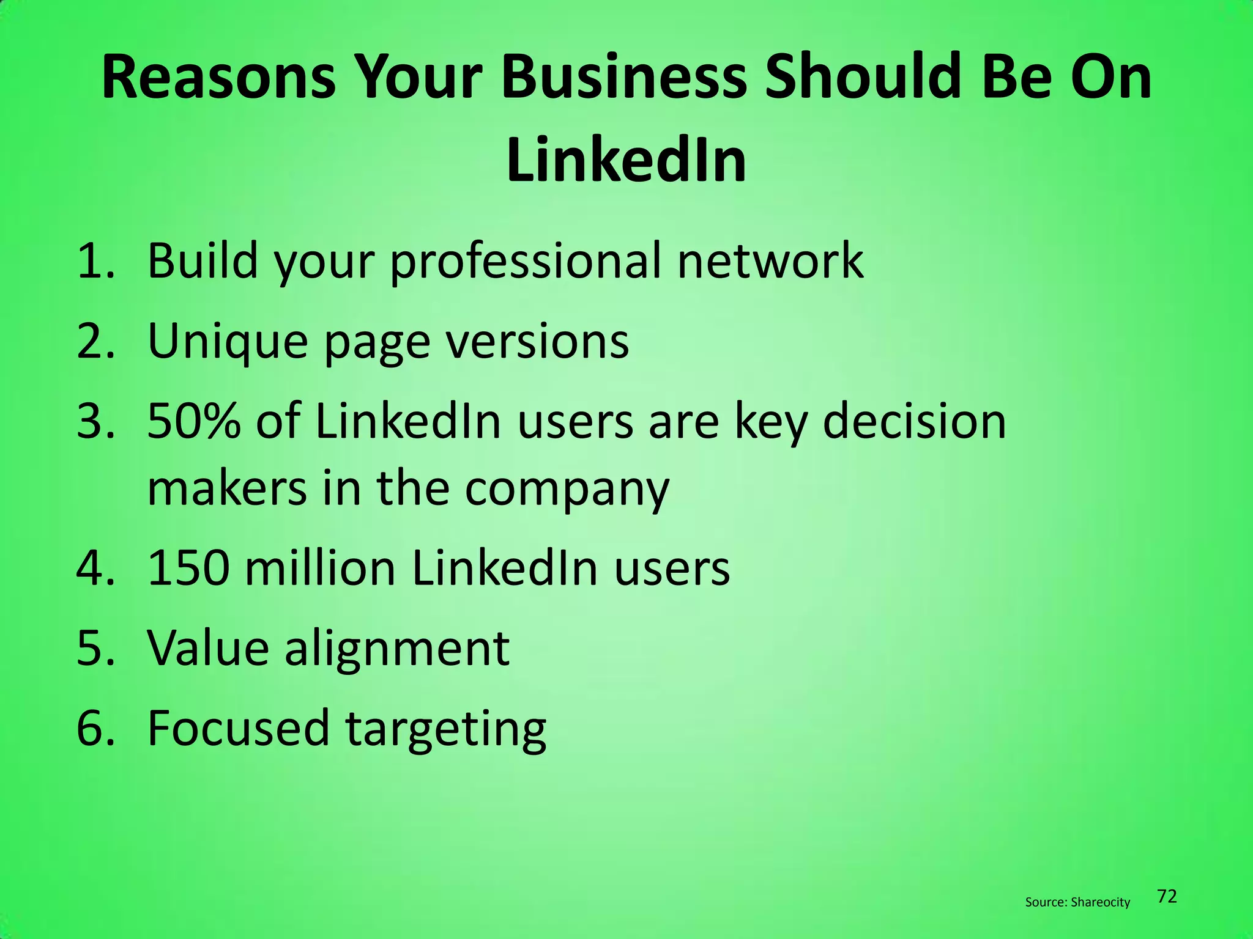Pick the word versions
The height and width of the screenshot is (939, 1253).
[x=537, y=341]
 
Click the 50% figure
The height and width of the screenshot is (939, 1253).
[x=194, y=422]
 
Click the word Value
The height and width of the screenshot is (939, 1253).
[x=208, y=648]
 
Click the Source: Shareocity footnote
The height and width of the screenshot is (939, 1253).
[x=1077, y=902]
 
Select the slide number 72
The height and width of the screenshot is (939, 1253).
[x=1167, y=897]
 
